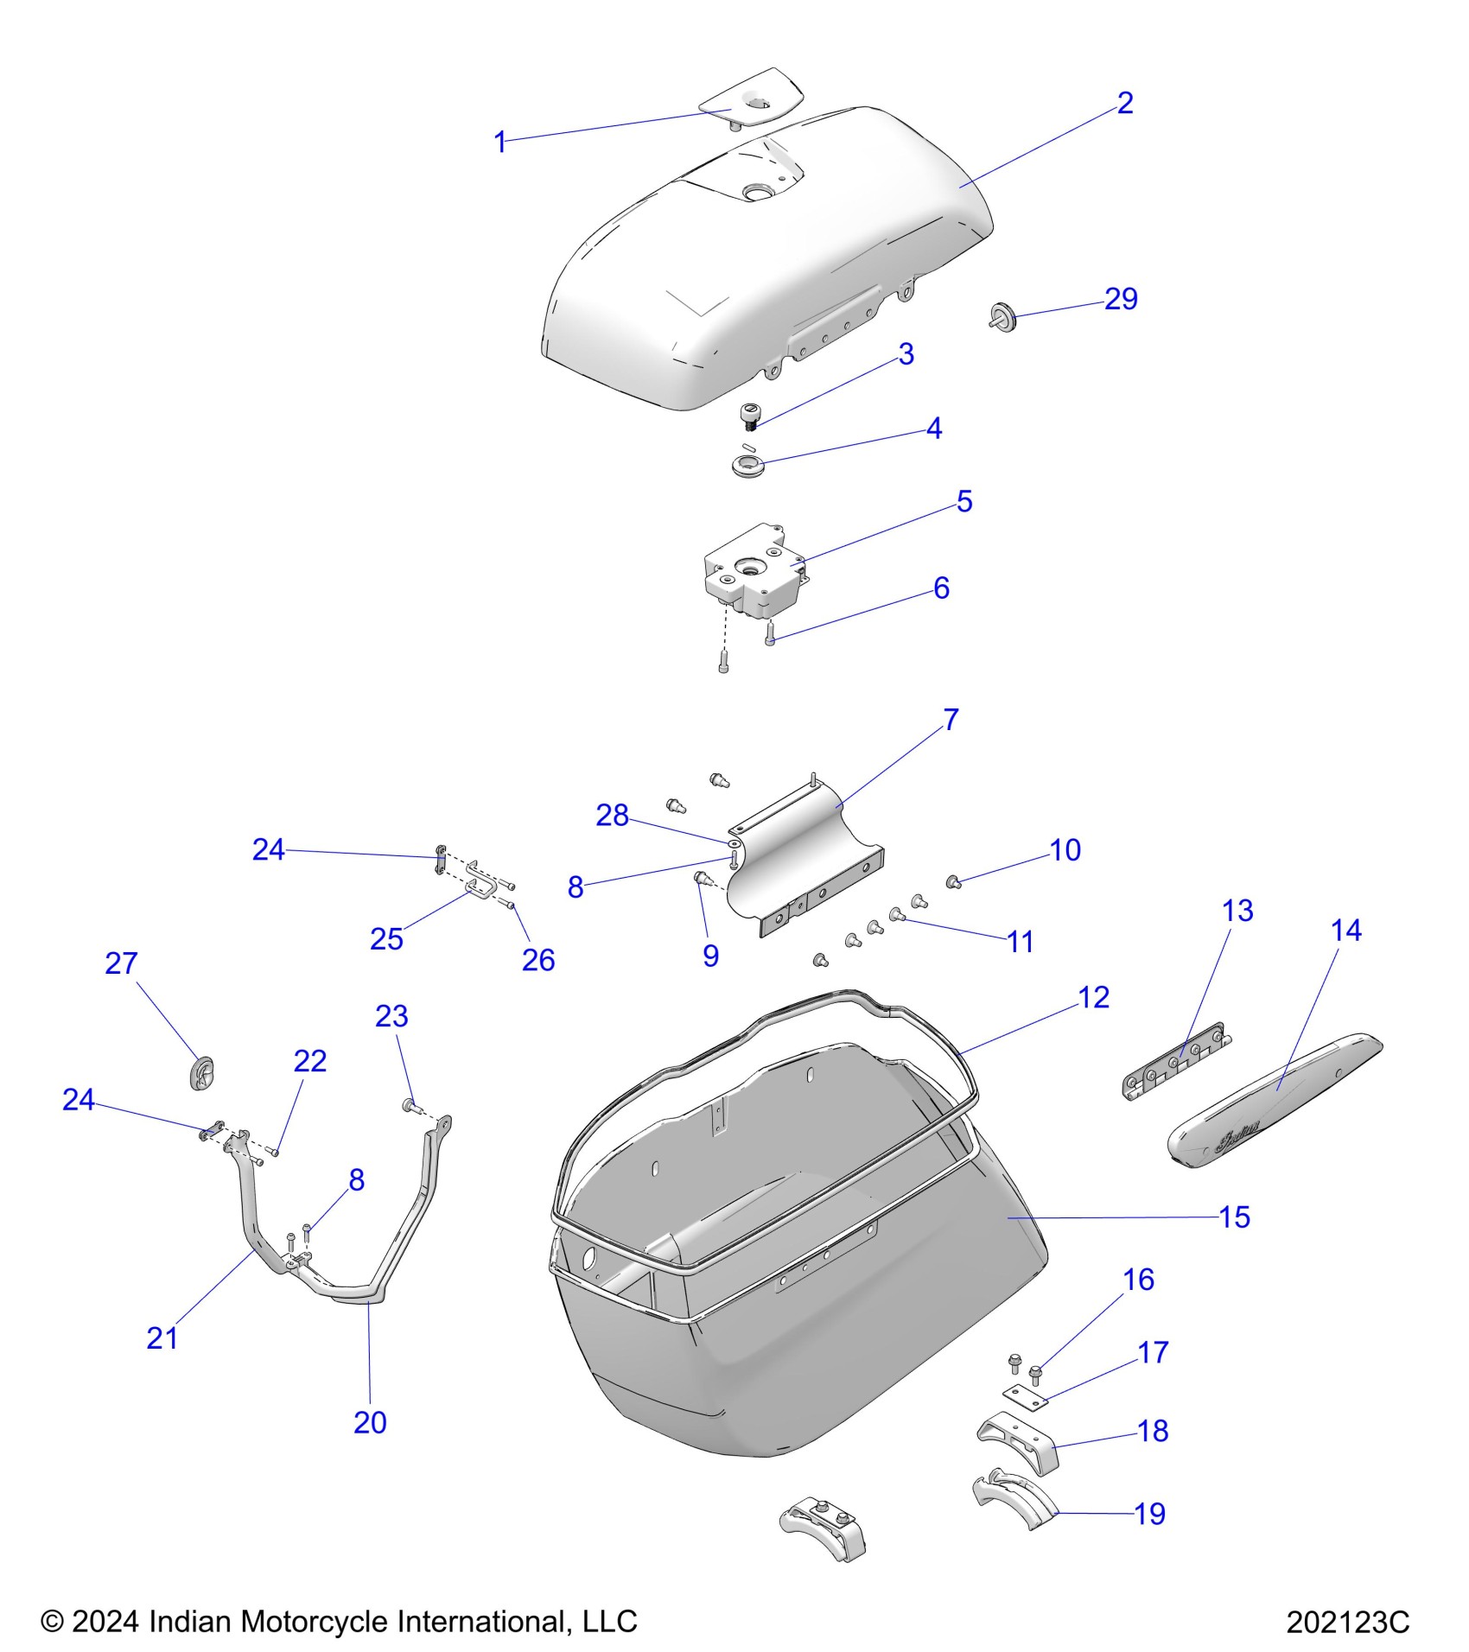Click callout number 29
[1121, 299]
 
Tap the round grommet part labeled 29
[1004, 316]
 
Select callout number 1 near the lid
[499, 142]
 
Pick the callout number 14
[1346, 931]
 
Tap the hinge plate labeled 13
[1178, 1064]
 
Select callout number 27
[121, 963]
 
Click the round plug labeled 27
[202, 1072]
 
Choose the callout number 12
[1093, 997]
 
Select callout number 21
[162, 1338]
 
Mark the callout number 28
[612, 815]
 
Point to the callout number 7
[951, 719]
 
